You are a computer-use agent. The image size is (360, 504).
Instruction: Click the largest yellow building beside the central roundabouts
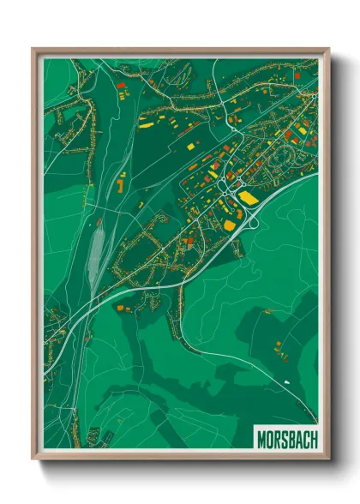pyautogui.click(x=248, y=198)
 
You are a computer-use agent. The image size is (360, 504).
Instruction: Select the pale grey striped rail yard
pyautogui.click(x=96, y=249)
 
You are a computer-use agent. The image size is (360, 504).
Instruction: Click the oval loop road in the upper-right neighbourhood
pyautogui.click(x=282, y=159)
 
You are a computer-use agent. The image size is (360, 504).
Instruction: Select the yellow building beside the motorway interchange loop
pyautogui.click(x=230, y=225)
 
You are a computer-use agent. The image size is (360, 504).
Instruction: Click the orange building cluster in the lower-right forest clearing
pyautogui.click(x=278, y=346)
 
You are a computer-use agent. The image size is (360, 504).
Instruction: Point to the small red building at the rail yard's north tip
pyautogui.click(x=101, y=220)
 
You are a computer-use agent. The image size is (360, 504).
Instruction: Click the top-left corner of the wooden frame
pyautogui.click(x=33, y=50)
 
